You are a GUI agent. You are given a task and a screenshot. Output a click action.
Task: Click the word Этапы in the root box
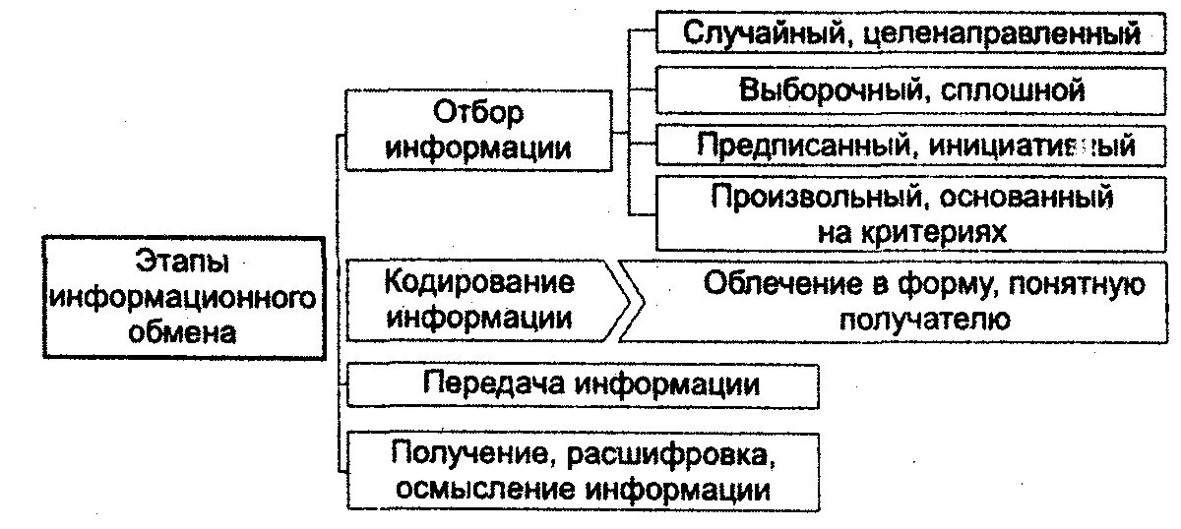179,264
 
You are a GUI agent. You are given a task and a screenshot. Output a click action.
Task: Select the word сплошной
1013,90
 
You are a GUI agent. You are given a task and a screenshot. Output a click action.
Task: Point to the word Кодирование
479,283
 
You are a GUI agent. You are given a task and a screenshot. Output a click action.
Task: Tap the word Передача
492,384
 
